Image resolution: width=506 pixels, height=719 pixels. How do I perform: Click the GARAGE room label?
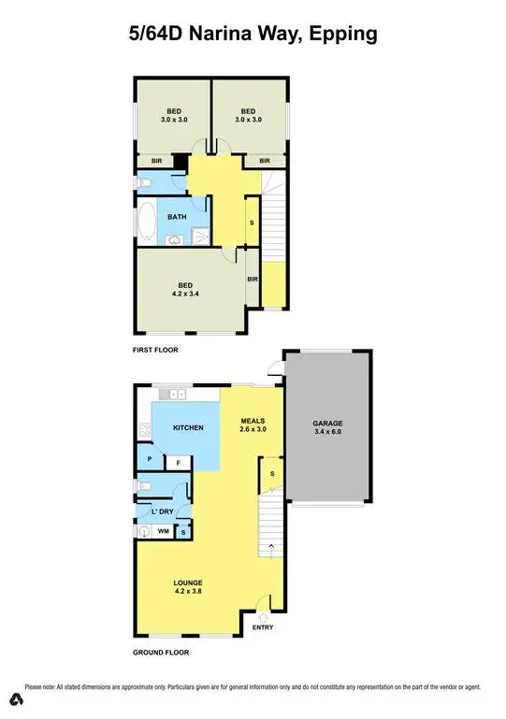click(327, 423)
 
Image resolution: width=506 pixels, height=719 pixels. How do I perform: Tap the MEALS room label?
click(253, 420)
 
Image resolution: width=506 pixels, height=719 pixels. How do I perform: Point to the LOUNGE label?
click(188, 582)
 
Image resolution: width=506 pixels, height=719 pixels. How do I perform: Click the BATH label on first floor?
click(177, 217)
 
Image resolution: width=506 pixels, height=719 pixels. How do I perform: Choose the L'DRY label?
click(162, 510)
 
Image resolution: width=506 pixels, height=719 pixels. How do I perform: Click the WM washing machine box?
click(163, 531)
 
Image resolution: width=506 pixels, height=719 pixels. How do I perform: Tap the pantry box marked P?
click(149, 460)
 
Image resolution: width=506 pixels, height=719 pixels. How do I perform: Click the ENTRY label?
click(263, 626)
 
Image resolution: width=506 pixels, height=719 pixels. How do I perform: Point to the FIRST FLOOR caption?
click(155, 350)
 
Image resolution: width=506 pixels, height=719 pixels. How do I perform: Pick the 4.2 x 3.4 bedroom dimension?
click(187, 294)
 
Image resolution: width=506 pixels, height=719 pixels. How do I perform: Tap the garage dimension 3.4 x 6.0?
click(327, 433)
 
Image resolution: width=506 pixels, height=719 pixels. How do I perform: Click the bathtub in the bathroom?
click(146, 224)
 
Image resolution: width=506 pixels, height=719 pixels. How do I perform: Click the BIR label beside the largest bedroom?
click(253, 279)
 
